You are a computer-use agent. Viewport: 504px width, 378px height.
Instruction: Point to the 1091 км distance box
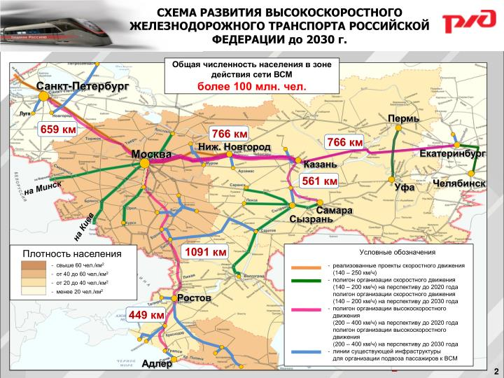tap(205, 251)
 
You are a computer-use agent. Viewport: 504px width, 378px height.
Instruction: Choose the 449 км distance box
tap(146, 316)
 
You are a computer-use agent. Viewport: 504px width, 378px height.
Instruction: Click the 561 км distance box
tap(320, 181)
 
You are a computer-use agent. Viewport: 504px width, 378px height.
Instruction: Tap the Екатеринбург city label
tap(452, 153)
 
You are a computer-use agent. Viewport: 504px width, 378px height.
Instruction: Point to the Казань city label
tap(320, 164)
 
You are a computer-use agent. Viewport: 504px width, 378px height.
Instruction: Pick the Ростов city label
tap(194, 299)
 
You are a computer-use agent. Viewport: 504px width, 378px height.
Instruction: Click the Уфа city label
tap(405, 188)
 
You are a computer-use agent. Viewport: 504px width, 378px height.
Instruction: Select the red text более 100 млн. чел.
tap(251, 86)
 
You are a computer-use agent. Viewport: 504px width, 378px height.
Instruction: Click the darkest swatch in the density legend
tap(32, 265)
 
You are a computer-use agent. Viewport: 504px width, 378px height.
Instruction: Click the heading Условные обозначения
tap(397, 252)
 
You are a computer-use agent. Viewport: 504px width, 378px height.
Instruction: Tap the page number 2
tap(496, 370)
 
